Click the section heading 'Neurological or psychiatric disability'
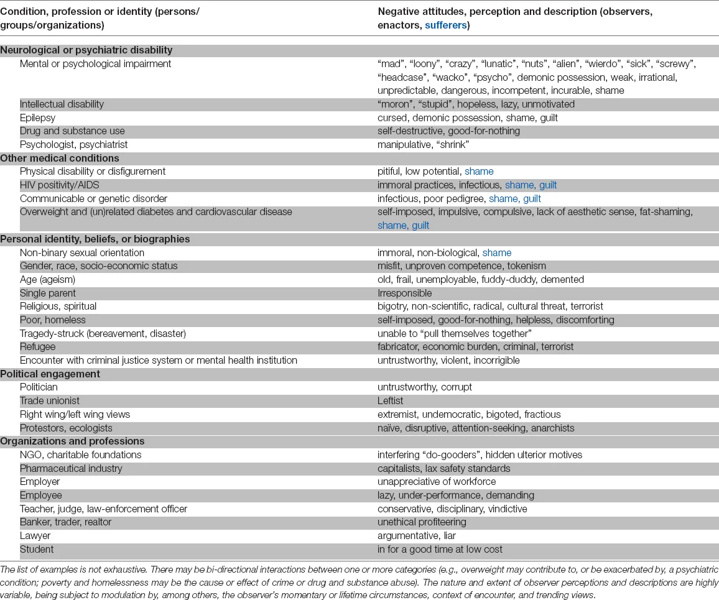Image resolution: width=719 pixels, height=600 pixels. click(x=86, y=50)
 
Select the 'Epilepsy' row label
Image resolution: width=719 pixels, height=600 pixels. click(x=37, y=118)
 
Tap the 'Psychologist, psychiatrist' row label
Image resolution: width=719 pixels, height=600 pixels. click(x=73, y=144)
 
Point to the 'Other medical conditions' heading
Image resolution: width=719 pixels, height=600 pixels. click(x=60, y=158)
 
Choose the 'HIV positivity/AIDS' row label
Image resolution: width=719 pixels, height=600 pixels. click(x=60, y=185)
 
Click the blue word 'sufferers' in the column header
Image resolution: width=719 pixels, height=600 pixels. click(x=446, y=25)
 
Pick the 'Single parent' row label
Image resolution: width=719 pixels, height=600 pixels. click(x=48, y=293)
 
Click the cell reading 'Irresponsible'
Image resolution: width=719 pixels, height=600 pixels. click(x=404, y=293)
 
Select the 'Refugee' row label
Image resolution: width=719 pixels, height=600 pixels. click(x=37, y=346)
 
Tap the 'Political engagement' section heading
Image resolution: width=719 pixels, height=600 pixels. click(x=50, y=374)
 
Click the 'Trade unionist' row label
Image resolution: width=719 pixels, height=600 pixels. click(x=50, y=400)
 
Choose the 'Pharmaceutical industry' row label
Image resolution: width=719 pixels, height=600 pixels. click(x=71, y=468)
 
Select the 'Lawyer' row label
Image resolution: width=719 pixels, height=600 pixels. click(x=35, y=535)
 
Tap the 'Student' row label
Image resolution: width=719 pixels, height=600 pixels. click(x=37, y=549)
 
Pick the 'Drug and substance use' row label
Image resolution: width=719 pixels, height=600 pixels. click(x=72, y=131)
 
